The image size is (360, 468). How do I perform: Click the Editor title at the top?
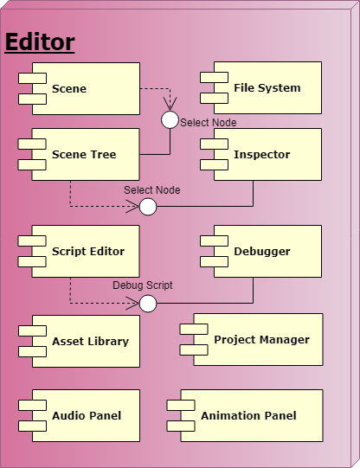pos(40,42)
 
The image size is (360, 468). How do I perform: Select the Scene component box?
pos(85,88)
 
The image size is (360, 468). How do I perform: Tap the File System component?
pos(267,88)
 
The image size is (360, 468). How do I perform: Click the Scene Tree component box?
pos(85,155)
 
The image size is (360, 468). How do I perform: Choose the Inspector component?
pos(267,155)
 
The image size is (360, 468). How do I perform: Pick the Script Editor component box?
pos(85,252)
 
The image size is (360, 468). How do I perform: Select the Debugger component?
pos(267,252)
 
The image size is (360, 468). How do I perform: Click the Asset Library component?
pos(85,341)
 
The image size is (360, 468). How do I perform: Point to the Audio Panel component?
pos(85,416)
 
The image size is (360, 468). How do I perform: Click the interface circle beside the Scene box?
pos(170,119)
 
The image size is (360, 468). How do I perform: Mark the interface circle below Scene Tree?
pos(148,207)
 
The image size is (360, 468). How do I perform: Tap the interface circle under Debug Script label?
pos(148,304)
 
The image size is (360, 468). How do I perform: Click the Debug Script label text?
pos(143,285)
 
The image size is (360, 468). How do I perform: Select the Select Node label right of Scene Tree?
pos(208,123)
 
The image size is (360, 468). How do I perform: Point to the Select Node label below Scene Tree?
pos(151,189)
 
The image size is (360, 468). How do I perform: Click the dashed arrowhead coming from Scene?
pos(170,106)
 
